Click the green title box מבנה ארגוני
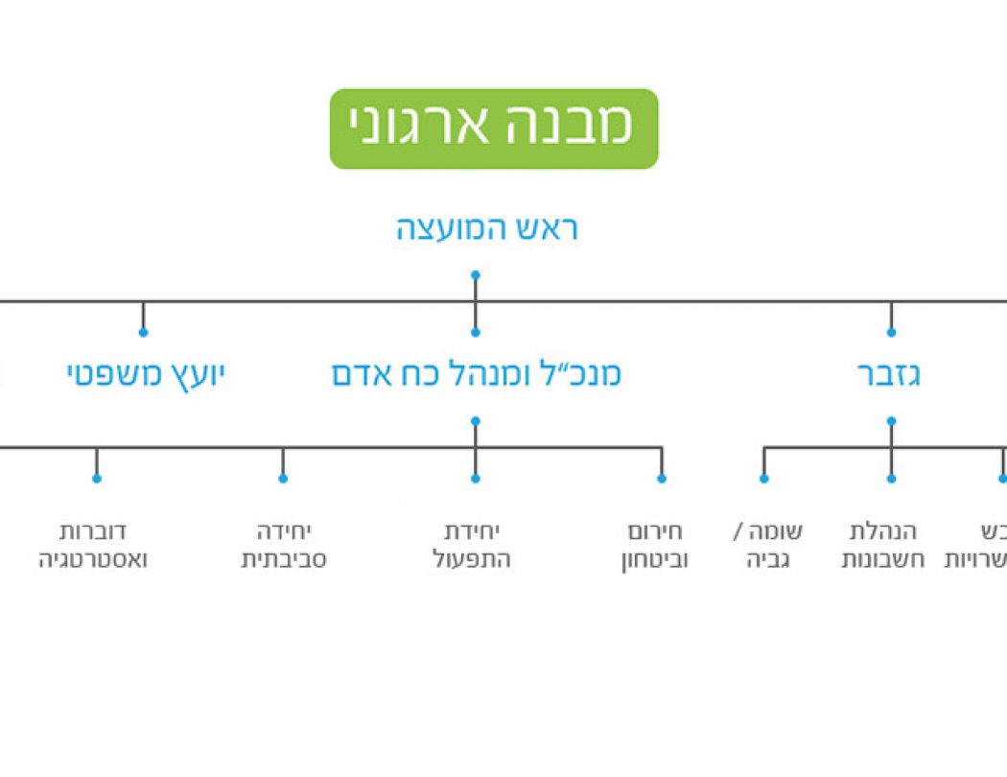click(494, 129)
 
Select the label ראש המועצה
click(487, 230)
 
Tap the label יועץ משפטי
click(145, 374)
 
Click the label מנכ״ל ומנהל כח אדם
click(477, 374)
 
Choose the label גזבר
click(889, 374)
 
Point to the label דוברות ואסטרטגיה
click(93, 546)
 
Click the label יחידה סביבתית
click(283, 546)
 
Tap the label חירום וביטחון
click(654, 546)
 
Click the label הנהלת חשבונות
click(883, 546)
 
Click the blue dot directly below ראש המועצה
click(475, 275)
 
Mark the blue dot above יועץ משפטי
click(143, 333)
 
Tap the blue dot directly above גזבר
click(891, 333)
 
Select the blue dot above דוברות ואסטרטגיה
click(96, 478)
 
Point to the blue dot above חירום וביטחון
click(661, 478)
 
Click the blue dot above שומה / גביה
click(764, 478)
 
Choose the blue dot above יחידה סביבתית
click(283, 478)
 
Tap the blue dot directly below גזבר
click(891, 420)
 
